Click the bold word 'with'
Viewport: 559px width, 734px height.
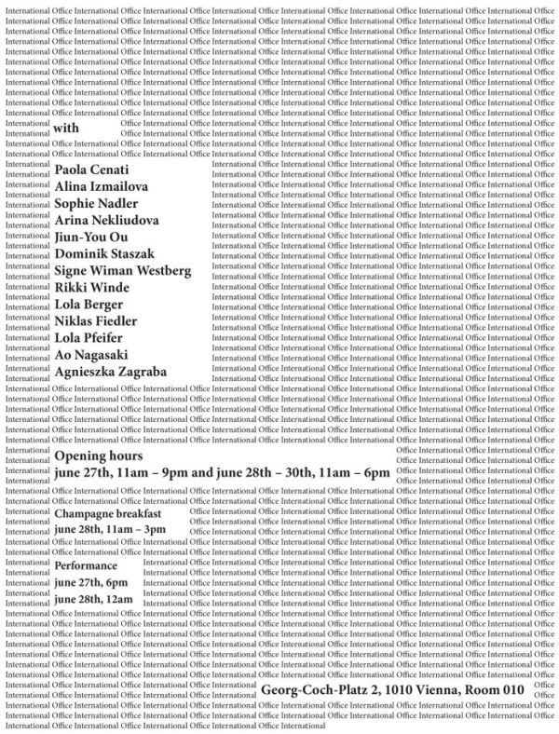click(x=68, y=128)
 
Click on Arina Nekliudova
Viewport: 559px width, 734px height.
click(x=106, y=220)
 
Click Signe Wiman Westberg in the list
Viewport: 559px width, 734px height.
click(x=123, y=270)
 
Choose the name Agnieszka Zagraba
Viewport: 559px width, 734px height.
click(x=111, y=371)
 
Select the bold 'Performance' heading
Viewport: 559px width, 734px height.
click(x=86, y=565)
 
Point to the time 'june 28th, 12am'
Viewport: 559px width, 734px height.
click(x=93, y=599)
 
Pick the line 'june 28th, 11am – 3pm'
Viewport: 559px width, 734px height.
click(x=110, y=530)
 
